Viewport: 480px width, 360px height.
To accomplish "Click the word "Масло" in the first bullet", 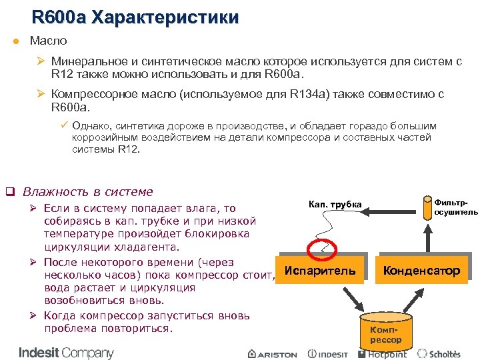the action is pyautogui.click(x=49, y=41).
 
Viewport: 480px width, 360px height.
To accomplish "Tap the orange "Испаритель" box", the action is pyautogui.click(x=320, y=271).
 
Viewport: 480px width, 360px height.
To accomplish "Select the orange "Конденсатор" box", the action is pyautogui.click(x=421, y=271).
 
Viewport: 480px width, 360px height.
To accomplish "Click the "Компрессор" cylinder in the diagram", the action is pyautogui.click(x=386, y=331).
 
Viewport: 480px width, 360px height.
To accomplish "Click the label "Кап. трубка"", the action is pyautogui.click(x=335, y=204).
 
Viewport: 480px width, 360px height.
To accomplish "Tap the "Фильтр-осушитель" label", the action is pyautogui.click(x=455, y=206).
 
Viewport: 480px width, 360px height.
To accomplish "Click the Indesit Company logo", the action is pyautogui.click(x=66, y=352).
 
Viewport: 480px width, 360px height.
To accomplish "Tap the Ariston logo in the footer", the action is pyautogui.click(x=272, y=354).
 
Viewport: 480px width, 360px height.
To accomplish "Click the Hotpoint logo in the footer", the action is pyautogui.click(x=383, y=353).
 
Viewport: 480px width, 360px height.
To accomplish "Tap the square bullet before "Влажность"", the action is pyautogui.click(x=10, y=192).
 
